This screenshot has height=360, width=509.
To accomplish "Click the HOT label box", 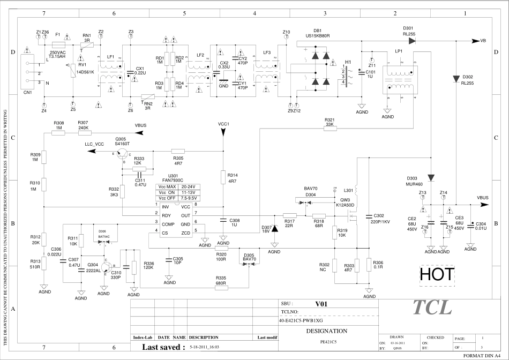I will (437, 275).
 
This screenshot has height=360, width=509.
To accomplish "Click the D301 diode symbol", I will (411, 41).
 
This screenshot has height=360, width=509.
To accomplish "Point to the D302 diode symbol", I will (456, 77).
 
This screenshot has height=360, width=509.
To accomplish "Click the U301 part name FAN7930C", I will (173, 181).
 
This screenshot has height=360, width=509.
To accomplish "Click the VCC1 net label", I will (224, 124).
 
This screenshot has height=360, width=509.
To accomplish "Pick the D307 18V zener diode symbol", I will (275, 229).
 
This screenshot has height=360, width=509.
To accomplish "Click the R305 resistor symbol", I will (178, 151).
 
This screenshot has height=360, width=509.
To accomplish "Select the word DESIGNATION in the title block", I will (326, 331).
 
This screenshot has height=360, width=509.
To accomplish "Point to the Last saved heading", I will (163, 347).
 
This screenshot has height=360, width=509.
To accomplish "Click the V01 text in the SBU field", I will (321, 304).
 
